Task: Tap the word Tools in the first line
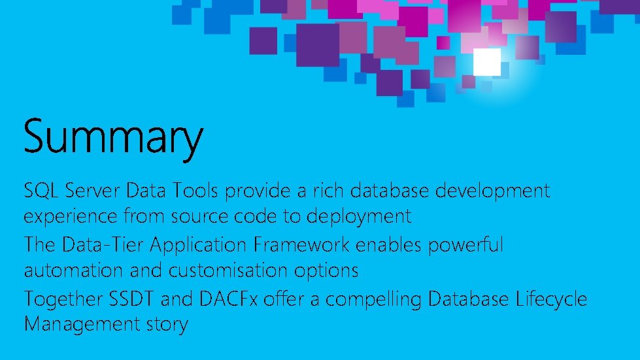(x=197, y=191)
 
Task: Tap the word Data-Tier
(x=105, y=245)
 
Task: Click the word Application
(x=197, y=246)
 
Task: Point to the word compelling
(x=373, y=300)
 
